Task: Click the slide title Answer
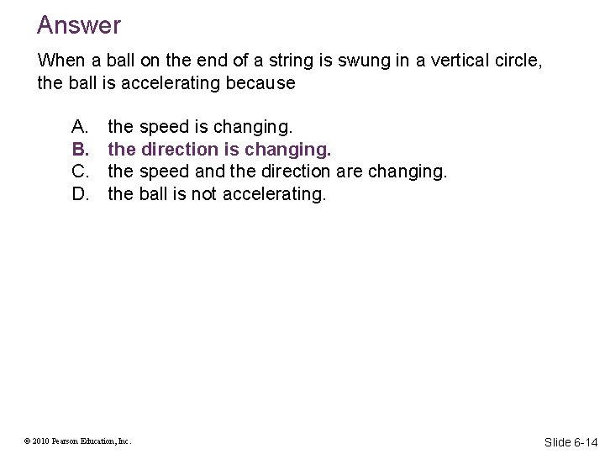[79, 25]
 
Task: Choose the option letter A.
[80, 127]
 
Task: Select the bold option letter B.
[80, 149]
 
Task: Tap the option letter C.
[80, 172]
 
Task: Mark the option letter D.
[80, 193]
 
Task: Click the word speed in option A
[164, 127]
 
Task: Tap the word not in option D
[198, 193]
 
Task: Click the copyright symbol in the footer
[28, 441]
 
